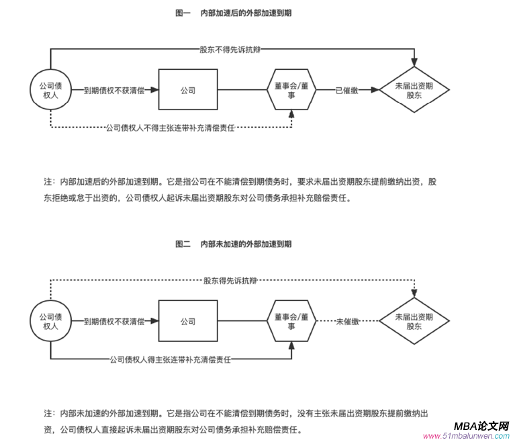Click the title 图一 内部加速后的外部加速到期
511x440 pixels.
(233, 13)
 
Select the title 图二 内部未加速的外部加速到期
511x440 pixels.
(233, 245)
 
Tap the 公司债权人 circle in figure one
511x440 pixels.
(50, 90)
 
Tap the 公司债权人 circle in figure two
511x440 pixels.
(50, 322)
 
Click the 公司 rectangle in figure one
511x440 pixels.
(188, 90)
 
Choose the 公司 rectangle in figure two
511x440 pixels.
(188, 322)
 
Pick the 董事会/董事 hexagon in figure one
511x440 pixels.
(291, 90)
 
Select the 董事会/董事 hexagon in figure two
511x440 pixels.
(291, 322)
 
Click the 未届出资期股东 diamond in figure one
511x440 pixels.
(414, 90)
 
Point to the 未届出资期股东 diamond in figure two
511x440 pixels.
(414, 322)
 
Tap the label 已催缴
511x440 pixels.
(346, 90)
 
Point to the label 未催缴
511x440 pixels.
(347, 322)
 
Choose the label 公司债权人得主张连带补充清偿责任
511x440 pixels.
(171, 359)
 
